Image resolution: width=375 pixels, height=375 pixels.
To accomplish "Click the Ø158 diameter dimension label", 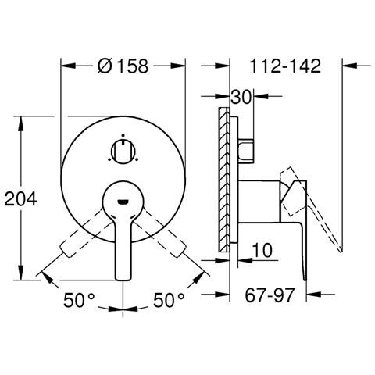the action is tap(123, 66).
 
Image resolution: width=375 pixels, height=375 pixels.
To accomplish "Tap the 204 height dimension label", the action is tap(21, 200).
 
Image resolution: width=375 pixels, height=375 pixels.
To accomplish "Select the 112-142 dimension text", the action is tap(285, 66).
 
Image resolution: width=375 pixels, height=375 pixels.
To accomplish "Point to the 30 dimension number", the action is tap(241, 97).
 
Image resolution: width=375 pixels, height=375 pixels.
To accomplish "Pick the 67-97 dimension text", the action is tap(270, 295).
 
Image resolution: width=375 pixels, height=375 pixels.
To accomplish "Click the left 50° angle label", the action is tap(79, 300).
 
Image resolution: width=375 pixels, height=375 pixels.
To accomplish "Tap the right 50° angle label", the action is tap(169, 300).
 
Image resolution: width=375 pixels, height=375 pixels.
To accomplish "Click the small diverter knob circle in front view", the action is tap(123, 152).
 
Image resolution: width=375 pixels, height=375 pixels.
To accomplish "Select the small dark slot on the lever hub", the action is tap(123, 202).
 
